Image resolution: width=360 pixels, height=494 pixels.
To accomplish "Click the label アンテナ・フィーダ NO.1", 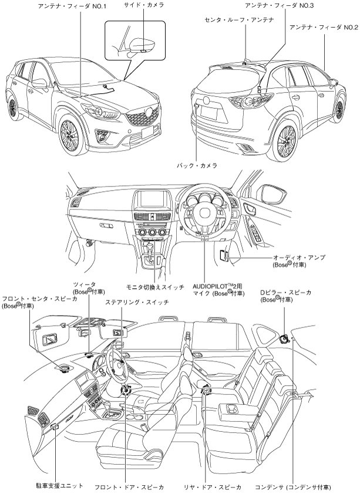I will (x=80, y=6).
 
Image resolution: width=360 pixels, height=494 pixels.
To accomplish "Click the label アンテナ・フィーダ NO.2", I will (x=324, y=28).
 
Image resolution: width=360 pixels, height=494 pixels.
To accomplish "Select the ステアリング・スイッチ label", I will (x=136, y=302).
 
